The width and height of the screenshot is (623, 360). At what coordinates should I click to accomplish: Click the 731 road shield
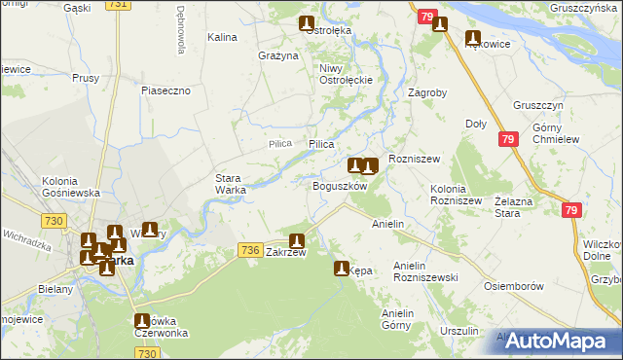[118, 5]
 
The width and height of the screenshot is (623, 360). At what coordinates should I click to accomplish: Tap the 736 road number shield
[249, 251]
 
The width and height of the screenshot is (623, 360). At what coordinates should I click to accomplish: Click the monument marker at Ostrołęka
[307, 22]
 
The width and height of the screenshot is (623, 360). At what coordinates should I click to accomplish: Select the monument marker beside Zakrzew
[297, 240]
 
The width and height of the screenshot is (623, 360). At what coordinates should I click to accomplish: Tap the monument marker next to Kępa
[341, 268]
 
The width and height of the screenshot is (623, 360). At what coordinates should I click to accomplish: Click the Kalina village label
[223, 37]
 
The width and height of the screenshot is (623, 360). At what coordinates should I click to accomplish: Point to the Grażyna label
[278, 55]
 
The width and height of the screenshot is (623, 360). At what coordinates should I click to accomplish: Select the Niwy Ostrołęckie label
[340, 74]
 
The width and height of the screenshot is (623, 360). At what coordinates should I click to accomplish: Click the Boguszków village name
[339, 186]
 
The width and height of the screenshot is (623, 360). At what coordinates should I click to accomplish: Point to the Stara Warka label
[231, 183]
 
